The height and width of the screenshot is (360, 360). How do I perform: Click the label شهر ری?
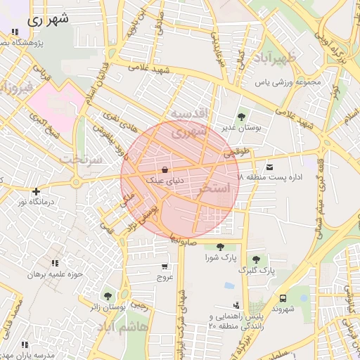tap(49, 20)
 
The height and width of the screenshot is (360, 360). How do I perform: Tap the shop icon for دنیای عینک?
tap(165, 169)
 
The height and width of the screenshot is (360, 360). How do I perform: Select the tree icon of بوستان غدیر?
tap(242, 117)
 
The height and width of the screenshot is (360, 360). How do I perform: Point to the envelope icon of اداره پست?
tap(269, 167)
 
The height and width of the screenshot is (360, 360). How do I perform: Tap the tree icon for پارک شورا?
tap(221, 246)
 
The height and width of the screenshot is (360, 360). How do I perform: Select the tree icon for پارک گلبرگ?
tap(255, 259)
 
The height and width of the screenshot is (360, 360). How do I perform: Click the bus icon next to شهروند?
tap(283, 298)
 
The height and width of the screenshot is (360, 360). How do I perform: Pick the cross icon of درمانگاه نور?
tap(37, 191)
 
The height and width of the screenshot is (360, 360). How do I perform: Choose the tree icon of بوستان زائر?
tap(108, 296)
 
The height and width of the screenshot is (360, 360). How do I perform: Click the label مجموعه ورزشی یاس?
tap(287, 82)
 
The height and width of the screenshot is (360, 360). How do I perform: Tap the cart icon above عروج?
tap(165, 266)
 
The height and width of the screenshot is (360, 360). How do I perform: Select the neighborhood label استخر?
tap(215, 188)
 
